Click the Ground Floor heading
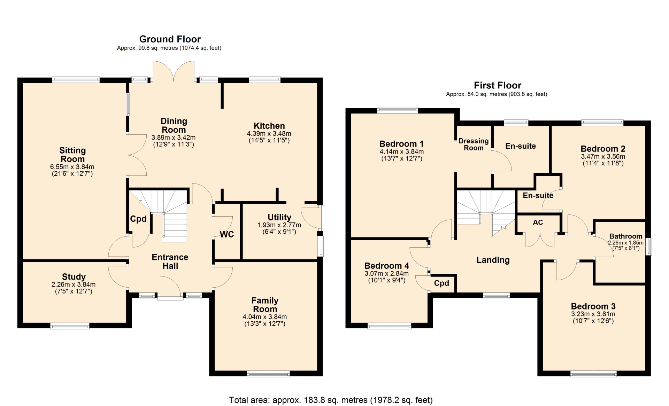pos(170,39)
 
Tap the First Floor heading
pos(498,85)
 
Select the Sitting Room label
pos(72,155)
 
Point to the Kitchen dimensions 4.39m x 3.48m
pos(269,133)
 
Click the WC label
pos(227,234)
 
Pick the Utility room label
pos(279,217)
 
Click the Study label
pos(74,277)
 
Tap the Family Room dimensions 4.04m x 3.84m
pos(265,317)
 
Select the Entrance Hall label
pos(170,261)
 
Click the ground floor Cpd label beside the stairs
pos(138,219)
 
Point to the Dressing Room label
pos(474,144)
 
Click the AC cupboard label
pos(538,222)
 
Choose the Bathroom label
pos(626,236)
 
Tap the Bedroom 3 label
pos(593,306)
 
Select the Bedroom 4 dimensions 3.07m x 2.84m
pos(387,274)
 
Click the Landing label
pos(493,260)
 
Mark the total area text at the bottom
pos(331,400)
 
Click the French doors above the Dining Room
pos(174,71)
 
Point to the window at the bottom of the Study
pos(70,326)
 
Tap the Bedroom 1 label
pos(401,144)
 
